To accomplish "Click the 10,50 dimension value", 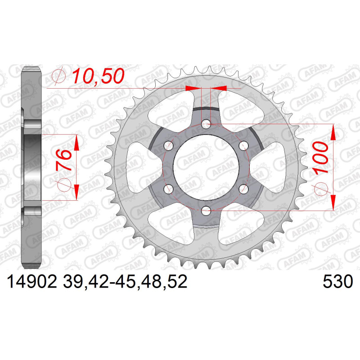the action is (x=98, y=76).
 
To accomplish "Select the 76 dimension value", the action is (x=63, y=159).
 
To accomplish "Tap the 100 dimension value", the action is (x=320, y=157).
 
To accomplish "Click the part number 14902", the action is (x=32, y=282).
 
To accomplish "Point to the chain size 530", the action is (x=337, y=282).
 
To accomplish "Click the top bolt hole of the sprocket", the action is (x=206, y=125).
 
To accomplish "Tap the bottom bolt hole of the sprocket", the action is (x=206, y=210).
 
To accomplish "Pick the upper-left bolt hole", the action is (x=169, y=146).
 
